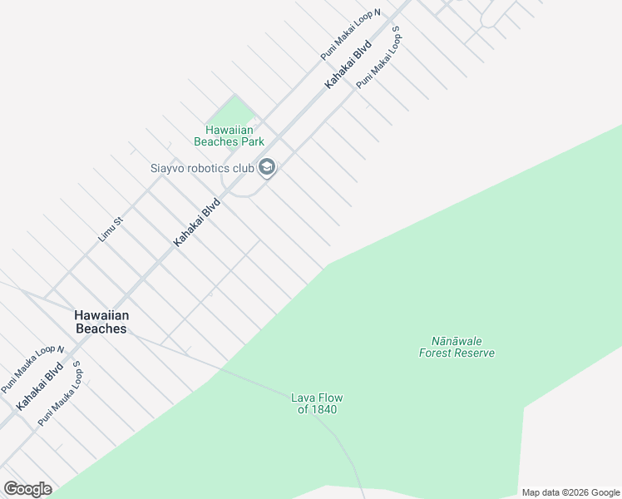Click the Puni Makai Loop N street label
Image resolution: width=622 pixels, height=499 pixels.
pos(350,35)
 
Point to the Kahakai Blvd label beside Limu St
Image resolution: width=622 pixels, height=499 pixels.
pos(197,221)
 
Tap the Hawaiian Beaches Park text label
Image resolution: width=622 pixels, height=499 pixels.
pos(229,136)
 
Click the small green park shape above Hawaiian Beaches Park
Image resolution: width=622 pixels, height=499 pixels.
pos(237,111)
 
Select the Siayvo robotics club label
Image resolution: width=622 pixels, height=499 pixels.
pos(202,168)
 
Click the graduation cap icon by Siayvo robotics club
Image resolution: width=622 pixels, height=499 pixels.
pos(267,168)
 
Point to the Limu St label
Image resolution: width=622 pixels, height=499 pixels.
pos(111,229)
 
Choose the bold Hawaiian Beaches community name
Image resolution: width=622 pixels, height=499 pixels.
pos(101,322)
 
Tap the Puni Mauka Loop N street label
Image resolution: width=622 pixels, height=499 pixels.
pos(32,369)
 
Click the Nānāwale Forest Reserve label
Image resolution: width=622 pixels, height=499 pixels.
pos(457,347)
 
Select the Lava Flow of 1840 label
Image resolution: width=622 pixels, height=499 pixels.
pos(317,403)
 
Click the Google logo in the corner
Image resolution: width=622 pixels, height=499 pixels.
pos(28,489)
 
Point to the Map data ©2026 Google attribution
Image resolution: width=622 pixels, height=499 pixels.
pos(570,492)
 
